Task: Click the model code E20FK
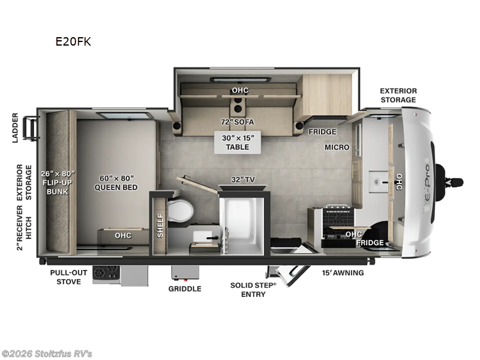coord(73,42)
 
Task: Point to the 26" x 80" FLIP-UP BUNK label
coord(55,183)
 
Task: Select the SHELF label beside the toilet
coord(160,225)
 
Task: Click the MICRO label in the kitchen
coord(337,147)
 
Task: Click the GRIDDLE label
coord(185,289)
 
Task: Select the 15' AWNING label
coord(343,273)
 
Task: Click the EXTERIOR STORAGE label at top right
coord(398,95)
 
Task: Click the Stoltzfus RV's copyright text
coord(47,353)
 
